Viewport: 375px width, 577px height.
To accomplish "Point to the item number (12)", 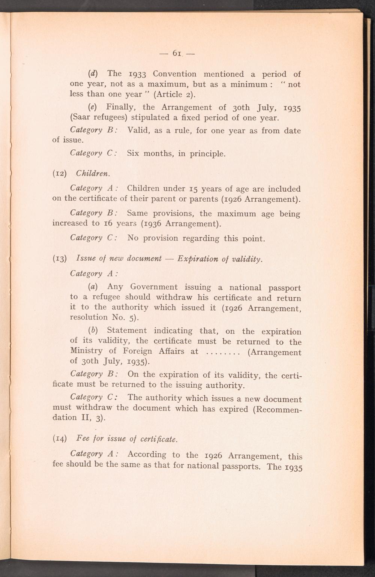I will coord(60,174).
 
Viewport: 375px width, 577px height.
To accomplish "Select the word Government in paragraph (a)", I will coord(154,287).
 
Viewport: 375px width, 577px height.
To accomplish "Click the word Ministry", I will coord(86,351).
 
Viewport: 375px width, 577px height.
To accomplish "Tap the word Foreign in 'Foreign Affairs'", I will coord(137,351).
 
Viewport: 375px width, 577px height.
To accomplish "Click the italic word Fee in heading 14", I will coord(82,438).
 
